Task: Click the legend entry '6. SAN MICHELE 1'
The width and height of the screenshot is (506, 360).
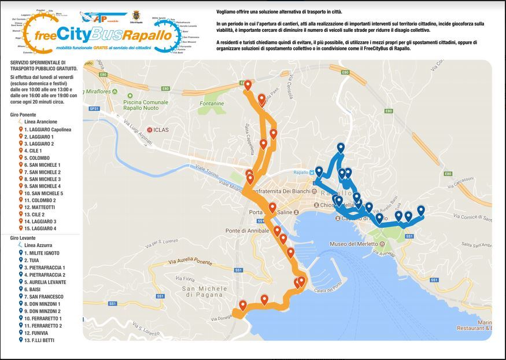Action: pos(42,165)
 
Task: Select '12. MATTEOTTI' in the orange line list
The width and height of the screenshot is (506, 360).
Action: pos(39,207)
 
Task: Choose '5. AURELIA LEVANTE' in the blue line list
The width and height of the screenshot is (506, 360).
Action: pos(45,282)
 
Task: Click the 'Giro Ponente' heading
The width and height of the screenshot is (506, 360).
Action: pos(23,115)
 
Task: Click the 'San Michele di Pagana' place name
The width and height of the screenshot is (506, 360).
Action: pos(202,291)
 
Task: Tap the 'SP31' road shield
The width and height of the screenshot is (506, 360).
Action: pos(95,108)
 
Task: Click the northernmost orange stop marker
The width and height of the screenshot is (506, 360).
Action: pos(248,86)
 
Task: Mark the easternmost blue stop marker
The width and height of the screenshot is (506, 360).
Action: pos(420,210)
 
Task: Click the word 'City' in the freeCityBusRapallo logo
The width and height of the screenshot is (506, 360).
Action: pos(86,35)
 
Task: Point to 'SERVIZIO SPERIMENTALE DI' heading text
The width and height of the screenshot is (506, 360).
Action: pos(38,62)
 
